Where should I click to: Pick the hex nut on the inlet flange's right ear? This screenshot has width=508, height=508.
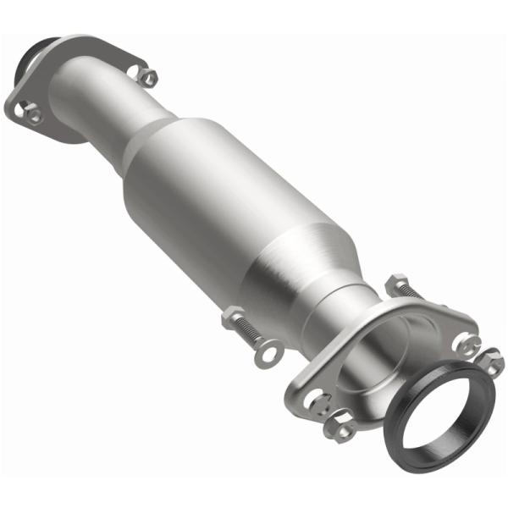tap(148, 78)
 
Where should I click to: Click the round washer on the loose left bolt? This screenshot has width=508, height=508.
tap(269, 349)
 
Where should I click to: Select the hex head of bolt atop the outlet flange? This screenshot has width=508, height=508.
tap(396, 284)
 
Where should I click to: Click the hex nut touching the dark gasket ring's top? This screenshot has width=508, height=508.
tap(491, 363)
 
